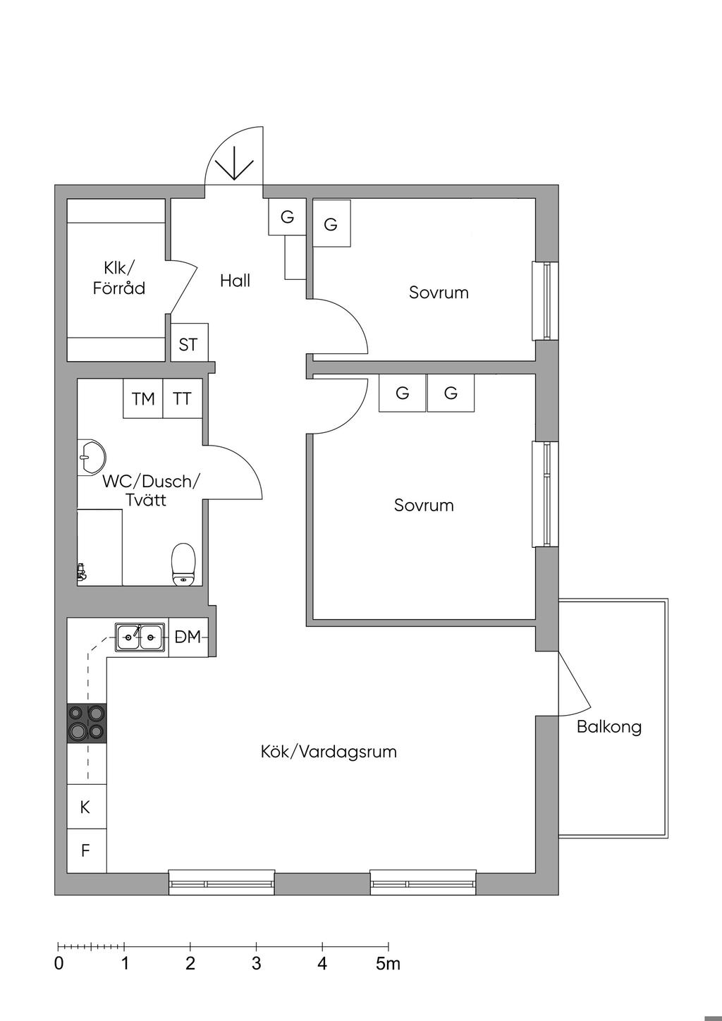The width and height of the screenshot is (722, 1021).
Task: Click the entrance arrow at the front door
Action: pos(234,163)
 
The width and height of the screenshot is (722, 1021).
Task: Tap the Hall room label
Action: pos(235,281)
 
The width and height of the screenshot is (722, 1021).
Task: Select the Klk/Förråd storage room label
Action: pos(119,278)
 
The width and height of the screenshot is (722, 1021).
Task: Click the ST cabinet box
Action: pos(190,342)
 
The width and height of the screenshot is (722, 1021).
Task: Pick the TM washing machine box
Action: pos(143,398)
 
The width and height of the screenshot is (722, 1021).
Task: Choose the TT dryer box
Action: pos(183,398)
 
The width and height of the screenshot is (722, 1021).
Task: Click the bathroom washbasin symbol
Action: pos(92,457)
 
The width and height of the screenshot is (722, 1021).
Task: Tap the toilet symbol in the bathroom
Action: pos(183,564)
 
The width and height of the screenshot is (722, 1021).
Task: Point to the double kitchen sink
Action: pos(140,637)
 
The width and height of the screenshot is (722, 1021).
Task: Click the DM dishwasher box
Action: pos(188,637)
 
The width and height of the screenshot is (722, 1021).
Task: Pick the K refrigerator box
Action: pos(87,807)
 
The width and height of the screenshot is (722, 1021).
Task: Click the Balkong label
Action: pos(609,727)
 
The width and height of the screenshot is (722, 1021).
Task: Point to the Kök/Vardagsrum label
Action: pos(329,752)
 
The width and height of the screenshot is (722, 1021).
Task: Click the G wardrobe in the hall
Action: pos(287,217)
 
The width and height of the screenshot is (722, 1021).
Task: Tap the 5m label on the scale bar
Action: pos(388,964)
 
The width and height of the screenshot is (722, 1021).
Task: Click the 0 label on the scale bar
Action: pos(59,964)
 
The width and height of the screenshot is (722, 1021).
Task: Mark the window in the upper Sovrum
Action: pos(546,301)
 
